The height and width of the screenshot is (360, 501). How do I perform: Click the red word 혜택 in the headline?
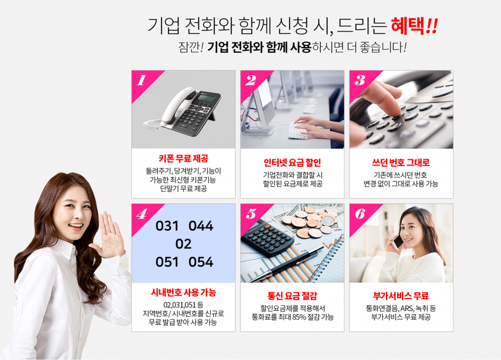click(408, 26)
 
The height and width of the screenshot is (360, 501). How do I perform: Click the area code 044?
click(201, 226)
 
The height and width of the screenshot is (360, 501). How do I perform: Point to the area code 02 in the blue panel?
click(183, 244)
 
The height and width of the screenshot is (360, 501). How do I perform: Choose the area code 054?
click(201, 262)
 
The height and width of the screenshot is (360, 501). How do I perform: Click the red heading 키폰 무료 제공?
click(183, 159)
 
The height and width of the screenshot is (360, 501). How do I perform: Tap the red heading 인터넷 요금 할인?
click(292, 162)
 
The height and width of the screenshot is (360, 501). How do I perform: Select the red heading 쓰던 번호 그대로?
click(401, 162)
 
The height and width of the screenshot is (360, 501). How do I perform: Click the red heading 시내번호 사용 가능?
click(183, 292)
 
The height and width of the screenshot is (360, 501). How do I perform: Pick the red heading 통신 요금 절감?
click(292, 296)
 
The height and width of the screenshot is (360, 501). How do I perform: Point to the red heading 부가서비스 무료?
click(401, 296)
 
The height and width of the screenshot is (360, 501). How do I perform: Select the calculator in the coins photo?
click(267, 239)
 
